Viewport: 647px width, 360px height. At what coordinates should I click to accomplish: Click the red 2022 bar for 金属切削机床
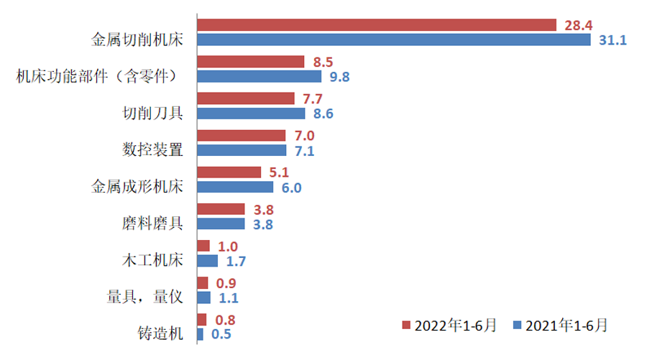(x=376, y=25)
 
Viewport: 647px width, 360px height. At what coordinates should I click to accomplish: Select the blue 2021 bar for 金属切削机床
(x=393, y=40)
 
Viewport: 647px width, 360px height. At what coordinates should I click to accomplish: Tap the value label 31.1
(x=612, y=41)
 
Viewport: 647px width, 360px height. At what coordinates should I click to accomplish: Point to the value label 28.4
(x=578, y=25)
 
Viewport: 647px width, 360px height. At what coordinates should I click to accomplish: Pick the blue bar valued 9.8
(x=259, y=76)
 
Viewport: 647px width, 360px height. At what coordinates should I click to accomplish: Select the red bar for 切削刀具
(x=245, y=98)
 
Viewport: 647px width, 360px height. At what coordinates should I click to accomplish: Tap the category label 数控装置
(x=152, y=149)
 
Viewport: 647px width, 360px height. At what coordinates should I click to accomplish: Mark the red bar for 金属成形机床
(x=229, y=172)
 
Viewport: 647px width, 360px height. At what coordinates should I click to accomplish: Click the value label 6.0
(x=288, y=188)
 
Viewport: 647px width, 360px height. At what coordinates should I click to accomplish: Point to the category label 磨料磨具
(x=152, y=223)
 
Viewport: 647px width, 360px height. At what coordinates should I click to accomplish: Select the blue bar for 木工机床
(x=207, y=261)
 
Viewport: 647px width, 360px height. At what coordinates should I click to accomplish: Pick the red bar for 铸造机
(x=201, y=320)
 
